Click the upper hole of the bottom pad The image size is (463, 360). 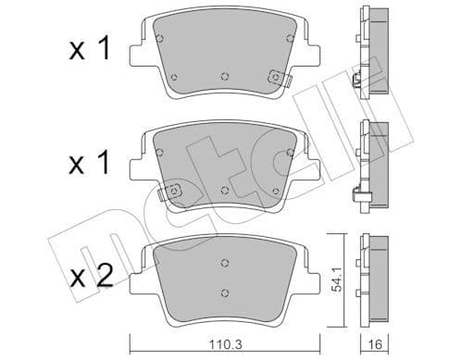pyautogui.click(x=225, y=262)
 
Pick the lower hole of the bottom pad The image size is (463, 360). pyautogui.click(x=225, y=294)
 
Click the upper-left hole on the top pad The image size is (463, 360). pyautogui.click(x=161, y=39)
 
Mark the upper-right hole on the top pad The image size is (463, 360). pyautogui.click(x=290, y=39)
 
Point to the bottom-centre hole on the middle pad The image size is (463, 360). pyautogui.click(x=226, y=188)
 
